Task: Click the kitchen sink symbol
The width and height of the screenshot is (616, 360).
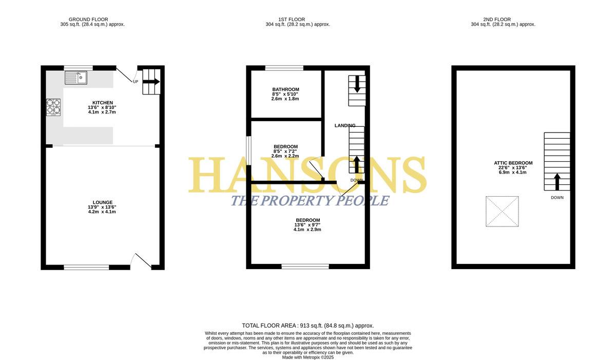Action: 76,78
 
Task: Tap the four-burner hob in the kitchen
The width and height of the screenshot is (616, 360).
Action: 53,107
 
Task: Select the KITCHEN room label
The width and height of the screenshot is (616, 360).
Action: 103,103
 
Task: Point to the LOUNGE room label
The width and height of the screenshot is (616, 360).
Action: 103,202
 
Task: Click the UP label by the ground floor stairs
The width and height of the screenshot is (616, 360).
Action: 136,82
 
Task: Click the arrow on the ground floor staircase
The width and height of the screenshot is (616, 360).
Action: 151,82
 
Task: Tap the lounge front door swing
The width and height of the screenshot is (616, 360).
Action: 141,261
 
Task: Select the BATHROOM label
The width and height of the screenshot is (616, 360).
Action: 286,89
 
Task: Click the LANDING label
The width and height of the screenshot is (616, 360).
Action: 345,125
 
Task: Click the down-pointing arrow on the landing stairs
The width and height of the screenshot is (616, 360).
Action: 357,84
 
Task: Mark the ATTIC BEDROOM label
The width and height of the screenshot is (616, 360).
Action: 513,163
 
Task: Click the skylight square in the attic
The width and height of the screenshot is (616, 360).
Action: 502,212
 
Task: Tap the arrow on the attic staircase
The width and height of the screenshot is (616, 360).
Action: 557,181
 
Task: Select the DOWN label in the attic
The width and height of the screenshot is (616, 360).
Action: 557,198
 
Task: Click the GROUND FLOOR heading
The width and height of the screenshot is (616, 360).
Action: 88,20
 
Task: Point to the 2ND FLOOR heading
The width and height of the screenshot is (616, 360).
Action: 497,20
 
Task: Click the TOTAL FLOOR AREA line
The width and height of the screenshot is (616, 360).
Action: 308,326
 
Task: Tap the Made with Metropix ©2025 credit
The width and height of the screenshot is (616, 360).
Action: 308,357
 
